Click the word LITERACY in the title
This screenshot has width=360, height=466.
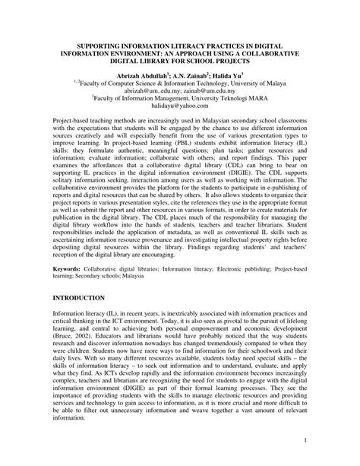174,45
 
